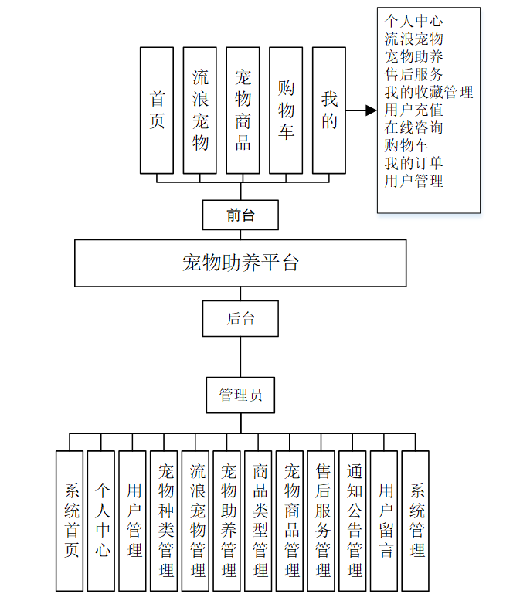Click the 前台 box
coord(240,215)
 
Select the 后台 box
coord(240,318)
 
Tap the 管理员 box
coord(240,395)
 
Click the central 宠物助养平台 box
coord(240,263)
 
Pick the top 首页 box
coord(157,110)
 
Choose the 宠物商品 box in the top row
coord(243,110)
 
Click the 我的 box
coord(329,110)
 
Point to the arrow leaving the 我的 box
coord(361,110)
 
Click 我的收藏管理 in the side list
coord(429,93)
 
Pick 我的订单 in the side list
coord(414,164)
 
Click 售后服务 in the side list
coord(414,75)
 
